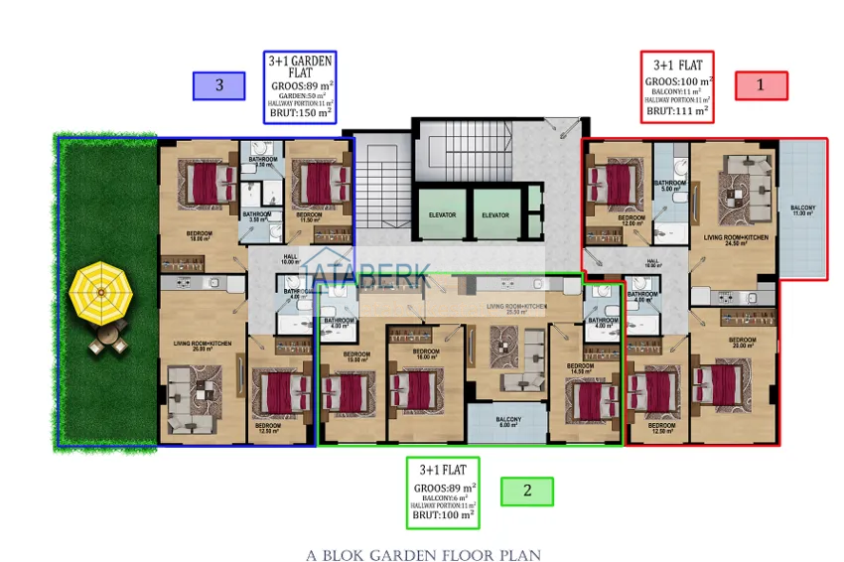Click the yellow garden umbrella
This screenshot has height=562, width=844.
click(x=101, y=293)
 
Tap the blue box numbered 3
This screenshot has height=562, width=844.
click(x=218, y=85)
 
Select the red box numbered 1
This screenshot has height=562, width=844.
click(x=761, y=85)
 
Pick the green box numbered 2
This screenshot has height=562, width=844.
click(x=527, y=491)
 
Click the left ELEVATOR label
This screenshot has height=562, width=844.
click(x=442, y=215)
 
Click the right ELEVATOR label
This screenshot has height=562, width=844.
click(x=494, y=215)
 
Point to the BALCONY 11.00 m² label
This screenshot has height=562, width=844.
click(x=803, y=211)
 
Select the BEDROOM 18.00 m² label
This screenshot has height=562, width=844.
click(x=200, y=237)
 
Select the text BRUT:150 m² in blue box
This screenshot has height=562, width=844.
click(x=300, y=112)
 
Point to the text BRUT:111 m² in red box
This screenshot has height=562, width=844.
click(x=677, y=111)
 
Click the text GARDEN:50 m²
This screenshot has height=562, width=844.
click(x=300, y=94)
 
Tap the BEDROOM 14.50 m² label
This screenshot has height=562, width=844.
click(x=581, y=368)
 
